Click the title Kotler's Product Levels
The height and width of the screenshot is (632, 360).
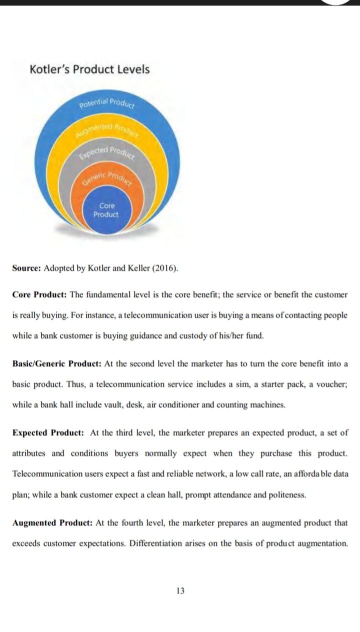click(89, 69)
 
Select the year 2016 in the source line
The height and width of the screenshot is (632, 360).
click(167, 268)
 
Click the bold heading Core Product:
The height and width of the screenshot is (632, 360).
click(39, 294)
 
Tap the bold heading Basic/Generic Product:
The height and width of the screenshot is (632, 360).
click(57, 363)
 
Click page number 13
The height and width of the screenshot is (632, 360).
click(180, 590)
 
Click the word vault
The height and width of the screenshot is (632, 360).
click(117, 404)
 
